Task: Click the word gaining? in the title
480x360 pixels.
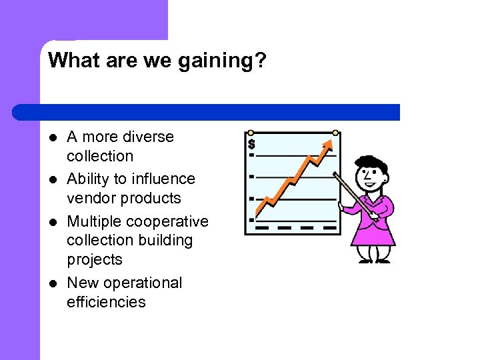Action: (227, 61)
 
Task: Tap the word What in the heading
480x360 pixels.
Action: (70, 60)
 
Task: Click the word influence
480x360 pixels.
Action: (163, 179)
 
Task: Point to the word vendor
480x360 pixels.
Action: (89, 198)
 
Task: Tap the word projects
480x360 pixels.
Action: (95, 259)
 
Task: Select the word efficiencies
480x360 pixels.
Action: (106, 302)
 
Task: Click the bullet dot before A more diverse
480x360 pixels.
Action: (52, 138)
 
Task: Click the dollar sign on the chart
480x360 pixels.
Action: (251, 144)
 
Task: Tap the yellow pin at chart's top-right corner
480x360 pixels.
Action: (335, 133)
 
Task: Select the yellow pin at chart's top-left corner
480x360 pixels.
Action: (251, 133)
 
